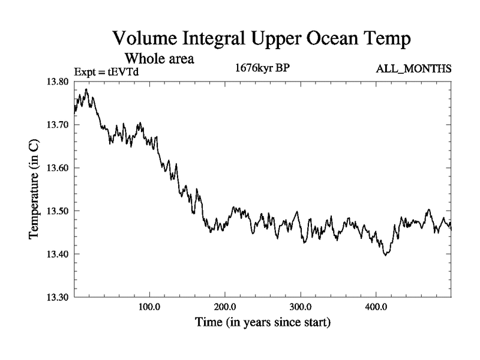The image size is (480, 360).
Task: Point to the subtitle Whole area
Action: pyautogui.click(x=160, y=59)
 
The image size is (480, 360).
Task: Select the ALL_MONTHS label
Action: pyautogui.click(x=413, y=68)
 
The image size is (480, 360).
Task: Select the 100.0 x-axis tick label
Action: pyautogui.click(x=149, y=307)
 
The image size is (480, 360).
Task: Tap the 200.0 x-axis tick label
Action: pyautogui.click(x=224, y=307)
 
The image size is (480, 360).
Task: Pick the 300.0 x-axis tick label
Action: pyautogui.click(x=300, y=307)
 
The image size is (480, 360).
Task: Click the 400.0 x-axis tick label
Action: pyautogui.click(x=376, y=307)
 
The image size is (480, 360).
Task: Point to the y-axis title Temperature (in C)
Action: pyautogui.click(x=34, y=190)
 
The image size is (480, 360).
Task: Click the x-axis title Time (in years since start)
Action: pyautogui.click(x=263, y=322)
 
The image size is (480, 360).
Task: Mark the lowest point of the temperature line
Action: pyautogui.click(x=386, y=255)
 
